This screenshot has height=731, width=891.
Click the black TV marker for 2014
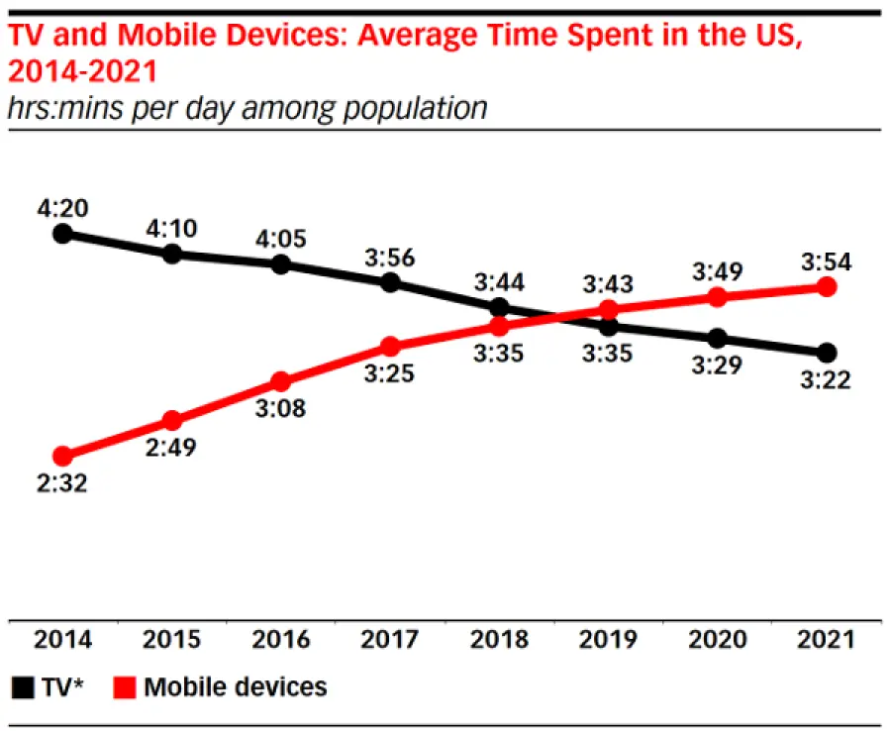click(62, 234)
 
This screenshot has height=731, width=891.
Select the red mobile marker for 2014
click(62, 457)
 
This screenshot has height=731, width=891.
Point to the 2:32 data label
click(62, 485)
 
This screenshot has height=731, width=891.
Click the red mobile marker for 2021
click(828, 287)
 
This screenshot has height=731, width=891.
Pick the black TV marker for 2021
click(828, 353)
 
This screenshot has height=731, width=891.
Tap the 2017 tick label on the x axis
click(390, 640)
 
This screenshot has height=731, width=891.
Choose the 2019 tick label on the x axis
click(609, 640)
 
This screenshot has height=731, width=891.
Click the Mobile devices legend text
click(235, 686)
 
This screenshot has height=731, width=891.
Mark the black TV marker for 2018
click(500, 308)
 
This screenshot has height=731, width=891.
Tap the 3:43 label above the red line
click(609, 285)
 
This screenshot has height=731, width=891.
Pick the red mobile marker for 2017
click(390, 347)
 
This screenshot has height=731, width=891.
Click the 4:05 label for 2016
click(281, 239)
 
